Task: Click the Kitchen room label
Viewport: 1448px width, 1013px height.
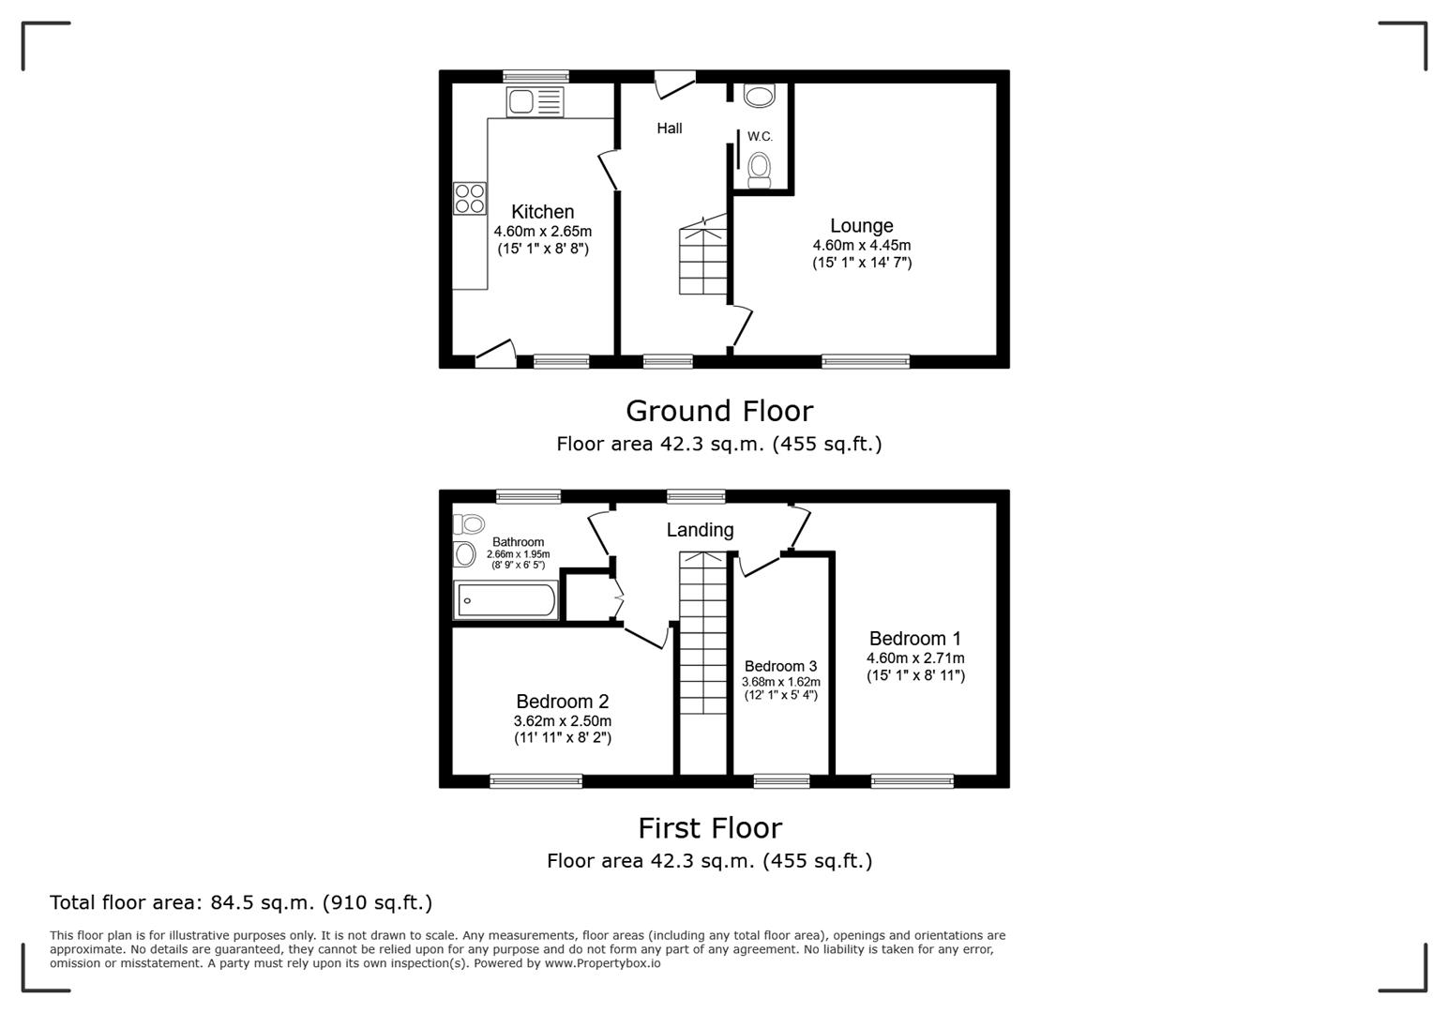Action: [542, 212]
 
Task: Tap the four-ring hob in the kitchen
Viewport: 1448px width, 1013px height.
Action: [470, 198]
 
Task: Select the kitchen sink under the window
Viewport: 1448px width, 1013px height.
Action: [535, 101]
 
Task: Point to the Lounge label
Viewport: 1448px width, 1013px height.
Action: [861, 226]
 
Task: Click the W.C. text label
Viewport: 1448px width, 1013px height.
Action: [760, 137]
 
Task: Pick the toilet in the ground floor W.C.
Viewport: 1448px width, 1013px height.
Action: [759, 168]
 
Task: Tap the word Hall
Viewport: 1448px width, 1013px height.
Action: [669, 129]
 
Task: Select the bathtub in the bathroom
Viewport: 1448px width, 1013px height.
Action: [505, 600]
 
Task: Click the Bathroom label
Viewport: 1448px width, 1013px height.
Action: [518, 542]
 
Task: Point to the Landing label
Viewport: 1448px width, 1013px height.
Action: [700, 530]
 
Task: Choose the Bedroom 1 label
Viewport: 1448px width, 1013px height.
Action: [914, 639]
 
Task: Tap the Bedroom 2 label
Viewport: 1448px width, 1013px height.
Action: [562, 702]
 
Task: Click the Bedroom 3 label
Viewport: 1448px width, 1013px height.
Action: [780, 667]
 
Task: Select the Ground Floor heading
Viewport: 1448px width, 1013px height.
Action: [718, 411]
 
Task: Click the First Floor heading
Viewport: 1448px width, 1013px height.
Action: [709, 828]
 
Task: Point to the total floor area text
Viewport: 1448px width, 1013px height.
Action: [241, 902]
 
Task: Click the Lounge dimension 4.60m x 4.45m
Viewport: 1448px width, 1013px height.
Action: [861, 246]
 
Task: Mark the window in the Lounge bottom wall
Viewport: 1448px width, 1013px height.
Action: [865, 361]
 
